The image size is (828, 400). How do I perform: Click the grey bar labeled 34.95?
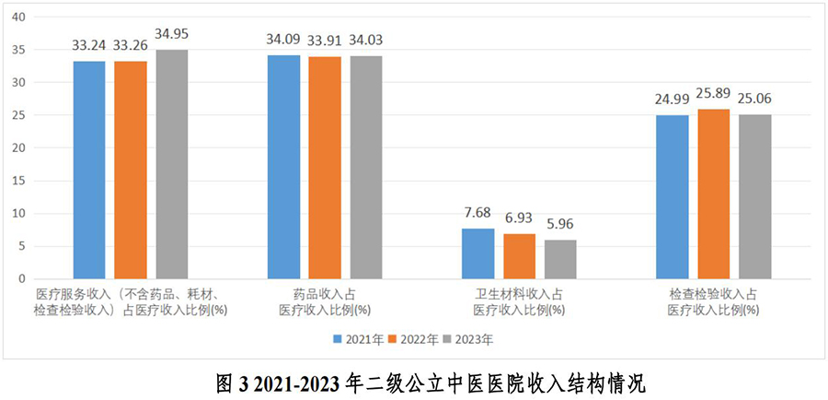[171, 164]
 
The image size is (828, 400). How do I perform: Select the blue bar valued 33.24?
[89, 170]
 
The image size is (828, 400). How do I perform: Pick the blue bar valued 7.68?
[477, 253]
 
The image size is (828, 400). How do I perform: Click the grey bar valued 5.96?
[560, 259]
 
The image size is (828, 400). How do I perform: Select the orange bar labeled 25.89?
[714, 194]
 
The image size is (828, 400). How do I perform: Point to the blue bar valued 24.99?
[673, 196]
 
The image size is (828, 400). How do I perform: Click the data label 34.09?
[284, 40]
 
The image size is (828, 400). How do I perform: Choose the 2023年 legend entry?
[469, 338]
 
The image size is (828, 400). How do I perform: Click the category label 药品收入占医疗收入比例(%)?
[325, 301]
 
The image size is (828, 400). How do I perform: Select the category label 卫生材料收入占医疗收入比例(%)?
[519, 301]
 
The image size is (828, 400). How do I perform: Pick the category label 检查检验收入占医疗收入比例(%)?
[714, 301]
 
